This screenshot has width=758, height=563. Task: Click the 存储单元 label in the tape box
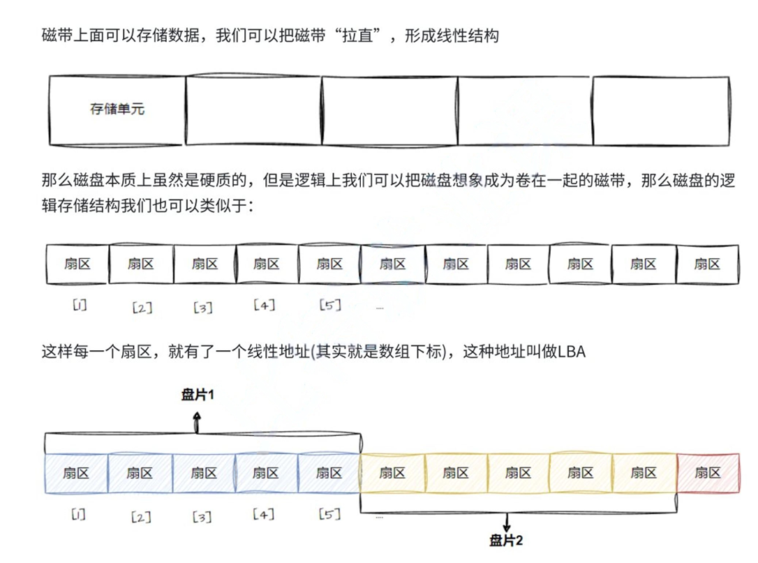(117, 109)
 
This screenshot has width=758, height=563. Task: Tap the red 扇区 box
(707, 473)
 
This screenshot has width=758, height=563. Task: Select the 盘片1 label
(198, 395)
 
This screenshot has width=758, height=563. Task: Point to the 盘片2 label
(506, 540)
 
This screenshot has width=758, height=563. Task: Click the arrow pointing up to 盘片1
(198, 421)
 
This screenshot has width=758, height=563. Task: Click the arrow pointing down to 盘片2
(507, 523)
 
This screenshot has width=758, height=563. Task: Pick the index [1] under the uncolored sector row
(79, 305)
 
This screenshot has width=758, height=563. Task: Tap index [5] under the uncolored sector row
(329, 305)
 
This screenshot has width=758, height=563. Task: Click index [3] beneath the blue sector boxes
(202, 517)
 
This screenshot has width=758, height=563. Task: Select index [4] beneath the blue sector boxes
(264, 515)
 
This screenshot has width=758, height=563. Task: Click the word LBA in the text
(572, 352)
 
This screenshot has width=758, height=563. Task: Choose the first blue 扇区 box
(76, 473)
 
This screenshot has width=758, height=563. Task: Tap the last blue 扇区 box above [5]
(329, 473)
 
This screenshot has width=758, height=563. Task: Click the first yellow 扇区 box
(392, 473)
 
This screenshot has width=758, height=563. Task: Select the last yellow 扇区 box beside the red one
(644, 473)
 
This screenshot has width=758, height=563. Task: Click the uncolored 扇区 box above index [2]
(140, 264)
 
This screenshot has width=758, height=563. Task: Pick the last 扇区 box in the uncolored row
(707, 264)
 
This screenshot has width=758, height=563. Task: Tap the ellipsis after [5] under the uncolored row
(380, 307)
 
